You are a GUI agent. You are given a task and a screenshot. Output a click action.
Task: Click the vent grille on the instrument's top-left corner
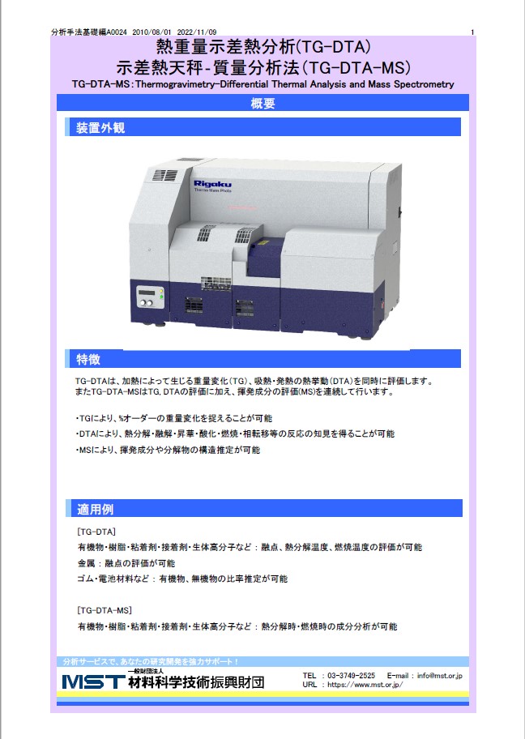click(x=164, y=175)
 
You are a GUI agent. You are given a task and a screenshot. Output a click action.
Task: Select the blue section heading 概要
click(x=262, y=103)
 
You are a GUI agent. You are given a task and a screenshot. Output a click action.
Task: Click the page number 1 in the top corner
click(x=472, y=32)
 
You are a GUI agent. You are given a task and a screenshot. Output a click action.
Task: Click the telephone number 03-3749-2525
click(x=350, y=675)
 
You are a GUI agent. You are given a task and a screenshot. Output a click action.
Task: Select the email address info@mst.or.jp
click(x=438, y=675)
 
